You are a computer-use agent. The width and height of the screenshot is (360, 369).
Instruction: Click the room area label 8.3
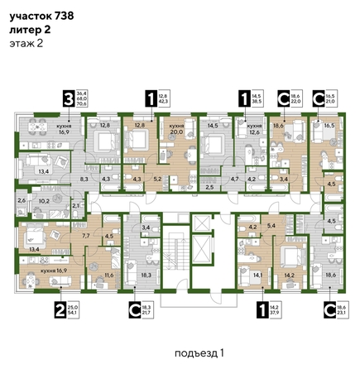click(x=84, y=178)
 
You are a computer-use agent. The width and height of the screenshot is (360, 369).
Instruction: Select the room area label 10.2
click(x=46, y=200)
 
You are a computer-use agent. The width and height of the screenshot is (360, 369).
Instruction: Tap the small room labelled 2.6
click(x=22, y=200)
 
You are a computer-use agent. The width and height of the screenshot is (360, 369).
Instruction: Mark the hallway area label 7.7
click(x=84, y=236)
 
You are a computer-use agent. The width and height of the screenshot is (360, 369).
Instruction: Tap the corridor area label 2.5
click(x=209, y=189)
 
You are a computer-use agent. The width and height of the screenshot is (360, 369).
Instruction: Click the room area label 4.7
click(x=234, y=178)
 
